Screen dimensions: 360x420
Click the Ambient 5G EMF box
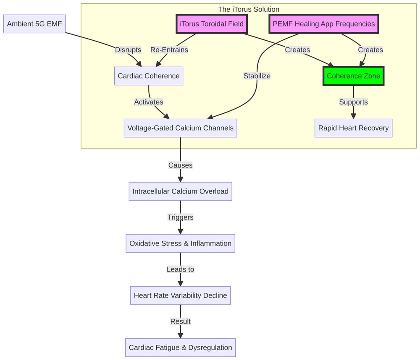click(34, 24)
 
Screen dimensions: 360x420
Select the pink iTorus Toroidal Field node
click(212, 24)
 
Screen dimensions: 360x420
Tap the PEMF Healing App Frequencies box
click(323, 24)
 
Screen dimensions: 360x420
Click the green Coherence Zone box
click(353, 76)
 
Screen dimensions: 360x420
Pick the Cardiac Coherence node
click(149, 76)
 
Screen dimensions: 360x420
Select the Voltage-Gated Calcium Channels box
click(181, 128)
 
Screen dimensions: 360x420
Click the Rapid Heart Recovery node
click(353, 128)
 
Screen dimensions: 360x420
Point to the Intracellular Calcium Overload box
click(181, 191)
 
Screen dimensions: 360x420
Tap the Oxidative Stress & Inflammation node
click(181, 243)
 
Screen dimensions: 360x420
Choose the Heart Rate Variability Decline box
click(181, 295)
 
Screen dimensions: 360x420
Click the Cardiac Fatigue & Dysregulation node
click(181, 347)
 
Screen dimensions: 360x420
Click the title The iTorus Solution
click(248, 9)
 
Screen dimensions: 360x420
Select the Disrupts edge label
click(128, 50)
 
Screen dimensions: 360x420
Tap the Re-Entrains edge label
click(169, 50)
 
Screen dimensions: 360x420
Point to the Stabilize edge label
click(257, 76)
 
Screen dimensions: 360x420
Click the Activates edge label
click(149, 102)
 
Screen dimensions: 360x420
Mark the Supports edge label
click(353, 102)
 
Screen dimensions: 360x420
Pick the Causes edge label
click(181, 165)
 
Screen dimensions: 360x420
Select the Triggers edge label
click(181, 217)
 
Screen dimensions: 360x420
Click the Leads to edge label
click(181, 269)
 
